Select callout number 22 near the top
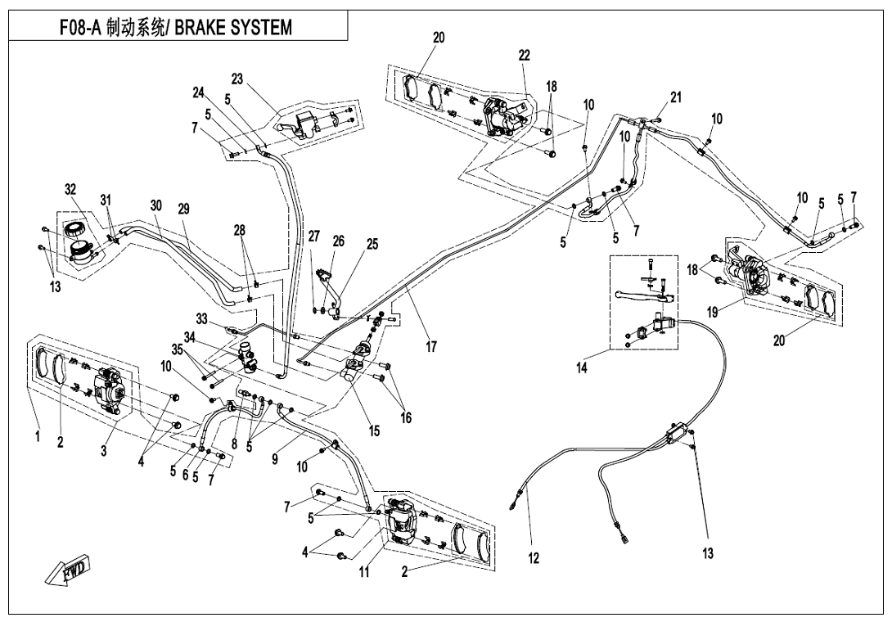pyautogui.click(x=524, y=56)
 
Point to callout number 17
pyautogui.click(x=430, y=346)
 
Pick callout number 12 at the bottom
pyautogui.click(x=534, y=559)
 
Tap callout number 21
pyautogui.click(x=675, y=97)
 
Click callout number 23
pyautogui.click(x=237, y=79)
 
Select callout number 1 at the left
pyautogui.click(x=37, y=436)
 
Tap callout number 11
pyautogui.click(x=364, y=572)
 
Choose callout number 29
pyautogui.click(x=183, y=210)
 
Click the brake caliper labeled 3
pyautogui.click(x=110, y=388)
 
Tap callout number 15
pyautogui.click(x=374, y=432)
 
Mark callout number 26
pyautogui.click(x=339, y=242)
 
